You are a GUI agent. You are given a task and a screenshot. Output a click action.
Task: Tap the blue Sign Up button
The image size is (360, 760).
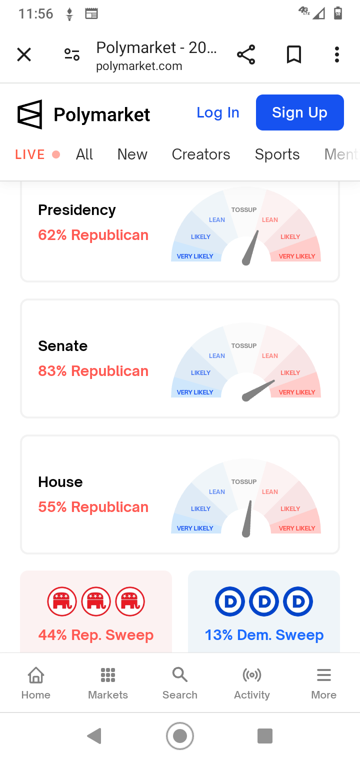click(299, 112)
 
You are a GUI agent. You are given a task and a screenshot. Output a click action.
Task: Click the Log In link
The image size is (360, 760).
click(218, 112)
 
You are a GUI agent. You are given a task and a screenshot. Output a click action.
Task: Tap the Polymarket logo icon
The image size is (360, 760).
click(30, 114)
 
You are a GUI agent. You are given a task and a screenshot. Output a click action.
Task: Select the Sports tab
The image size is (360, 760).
click(277, 154)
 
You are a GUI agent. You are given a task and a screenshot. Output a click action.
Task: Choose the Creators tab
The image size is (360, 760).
click(201, 154)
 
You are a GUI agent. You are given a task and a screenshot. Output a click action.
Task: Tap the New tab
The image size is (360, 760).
click(132, 154)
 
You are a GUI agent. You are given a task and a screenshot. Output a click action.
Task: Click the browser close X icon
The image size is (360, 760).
click(24, 54)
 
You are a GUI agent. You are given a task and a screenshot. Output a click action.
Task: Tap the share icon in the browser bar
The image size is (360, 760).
click(246, 54)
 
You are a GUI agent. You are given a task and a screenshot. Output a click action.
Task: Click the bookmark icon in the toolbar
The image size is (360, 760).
click(294, 54)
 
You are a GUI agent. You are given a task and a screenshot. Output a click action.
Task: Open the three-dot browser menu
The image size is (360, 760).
click(336, 54)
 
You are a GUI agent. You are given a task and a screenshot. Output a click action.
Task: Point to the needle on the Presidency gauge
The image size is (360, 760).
click(250, 247)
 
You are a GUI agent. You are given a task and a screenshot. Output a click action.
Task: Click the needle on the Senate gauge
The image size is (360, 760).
click(258, 390)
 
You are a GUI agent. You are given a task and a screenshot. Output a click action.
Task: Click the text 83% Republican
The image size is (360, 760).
click(93, 371)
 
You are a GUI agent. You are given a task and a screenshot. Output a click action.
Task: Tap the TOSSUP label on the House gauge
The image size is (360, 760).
click(244, 482)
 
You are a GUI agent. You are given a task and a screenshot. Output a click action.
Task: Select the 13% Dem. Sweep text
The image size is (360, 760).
click(264, 635)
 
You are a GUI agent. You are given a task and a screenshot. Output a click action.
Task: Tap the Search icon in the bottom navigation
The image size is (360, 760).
click(180, 674)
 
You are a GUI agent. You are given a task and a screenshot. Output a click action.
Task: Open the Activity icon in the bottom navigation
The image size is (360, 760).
click(252, 675)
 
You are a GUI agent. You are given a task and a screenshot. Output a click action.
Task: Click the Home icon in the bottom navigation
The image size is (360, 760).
click(36, 675)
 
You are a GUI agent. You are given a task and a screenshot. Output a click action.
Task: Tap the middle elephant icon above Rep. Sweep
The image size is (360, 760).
click(96, 601)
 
